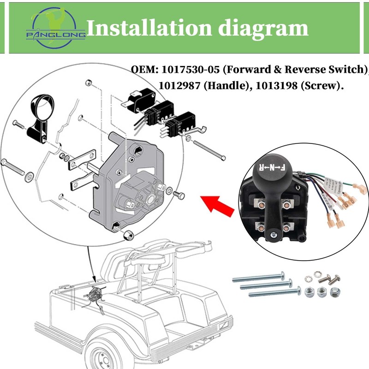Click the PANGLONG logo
[55, 28]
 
